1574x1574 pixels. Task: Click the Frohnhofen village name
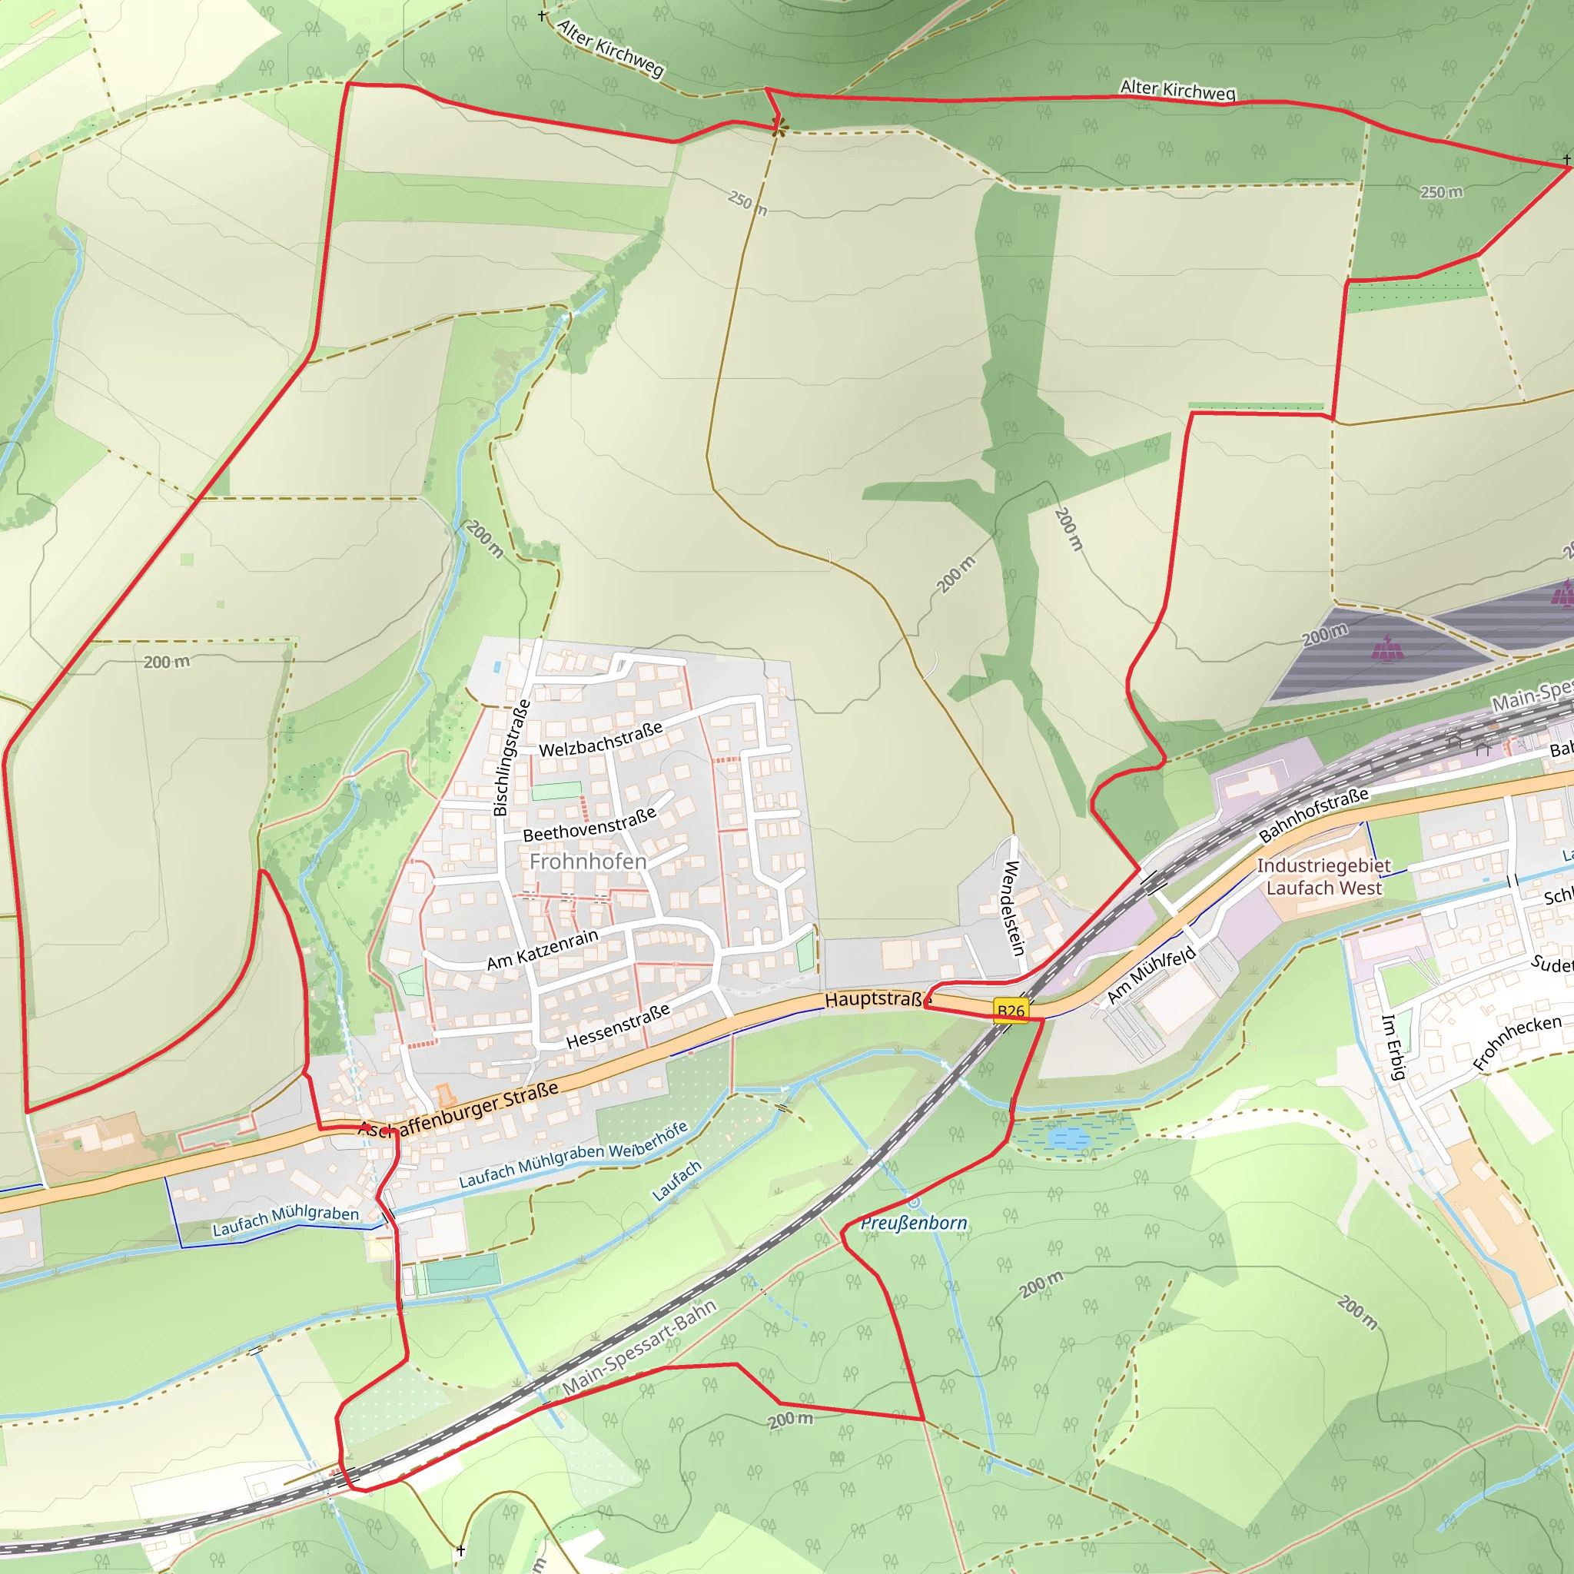(x=587, y=861)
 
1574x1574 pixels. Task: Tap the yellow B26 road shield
(x=1010, y=1011)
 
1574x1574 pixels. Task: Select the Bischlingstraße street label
(x=511, y=758)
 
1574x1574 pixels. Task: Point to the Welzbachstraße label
(x=600, y=739)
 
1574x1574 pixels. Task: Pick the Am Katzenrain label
(x=543, y=950)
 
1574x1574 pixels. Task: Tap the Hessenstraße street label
(x=618, y=1026)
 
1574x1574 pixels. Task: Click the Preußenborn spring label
(x=914, y=1223)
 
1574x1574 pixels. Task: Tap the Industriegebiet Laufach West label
(x=1323, y=877)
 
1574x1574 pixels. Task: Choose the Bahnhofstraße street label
(x=1313, y=815)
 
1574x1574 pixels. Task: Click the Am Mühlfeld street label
(x=1151, y=975)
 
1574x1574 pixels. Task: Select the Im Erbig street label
(x=1393, y=1047)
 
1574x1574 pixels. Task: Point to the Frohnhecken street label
(x=1517, y=1043)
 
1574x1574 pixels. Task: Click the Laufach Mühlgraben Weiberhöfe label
(x=573, y=1155)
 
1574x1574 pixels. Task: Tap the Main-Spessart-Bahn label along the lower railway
(x=639, y=1347)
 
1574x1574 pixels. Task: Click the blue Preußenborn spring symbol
(x=914, y=1202)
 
